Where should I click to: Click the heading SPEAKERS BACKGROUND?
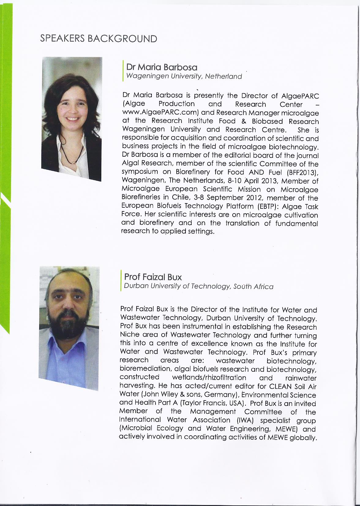(x=99, y=39)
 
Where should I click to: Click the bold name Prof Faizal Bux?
(x=153, y=277)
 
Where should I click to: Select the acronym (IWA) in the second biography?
(x=243, y=420)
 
